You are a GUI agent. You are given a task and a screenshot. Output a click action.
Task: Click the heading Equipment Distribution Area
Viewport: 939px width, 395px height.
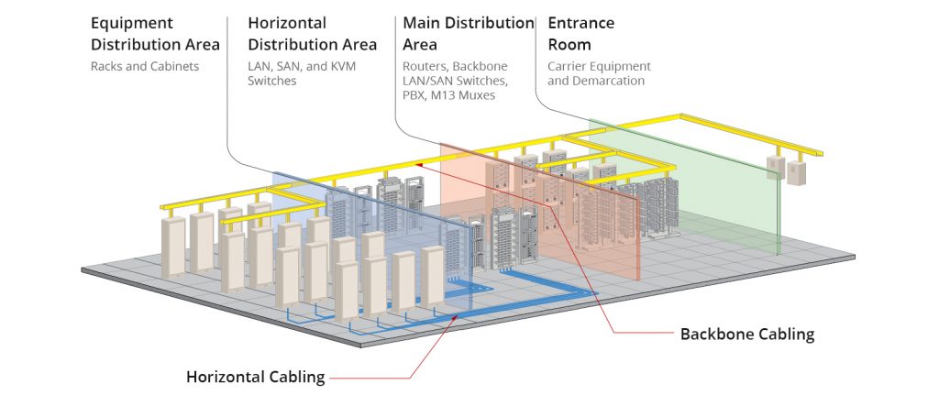click(x=155, y=34)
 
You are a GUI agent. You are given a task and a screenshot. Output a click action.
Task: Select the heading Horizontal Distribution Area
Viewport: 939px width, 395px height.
click(x=312, y=34)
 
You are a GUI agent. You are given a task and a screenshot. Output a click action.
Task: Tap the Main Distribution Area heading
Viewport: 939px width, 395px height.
click(x=469, y=34)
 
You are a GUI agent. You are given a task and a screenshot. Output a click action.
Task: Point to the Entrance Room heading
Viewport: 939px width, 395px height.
click(x=580, y=34)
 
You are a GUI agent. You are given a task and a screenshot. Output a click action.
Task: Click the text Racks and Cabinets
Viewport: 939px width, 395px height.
click(x=145, y=66)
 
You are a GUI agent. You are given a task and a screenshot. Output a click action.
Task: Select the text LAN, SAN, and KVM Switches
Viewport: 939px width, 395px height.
click(x=302, y=73)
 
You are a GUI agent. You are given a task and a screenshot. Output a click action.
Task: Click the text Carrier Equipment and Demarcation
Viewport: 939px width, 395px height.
click(x=599, y=73)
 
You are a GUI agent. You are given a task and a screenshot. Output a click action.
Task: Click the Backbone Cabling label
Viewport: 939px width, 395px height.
click(x=747, y=334)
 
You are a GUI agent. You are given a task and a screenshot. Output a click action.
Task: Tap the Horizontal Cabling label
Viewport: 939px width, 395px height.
click(x=256, y=377)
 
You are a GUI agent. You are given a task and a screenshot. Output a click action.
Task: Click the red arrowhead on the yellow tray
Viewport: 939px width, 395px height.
click(x=420, y=163)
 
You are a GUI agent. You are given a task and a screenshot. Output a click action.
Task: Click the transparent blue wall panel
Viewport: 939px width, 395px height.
click(x=371, y=239)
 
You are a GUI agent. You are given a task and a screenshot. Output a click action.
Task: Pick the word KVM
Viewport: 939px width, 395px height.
click(x=343, y=66)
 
